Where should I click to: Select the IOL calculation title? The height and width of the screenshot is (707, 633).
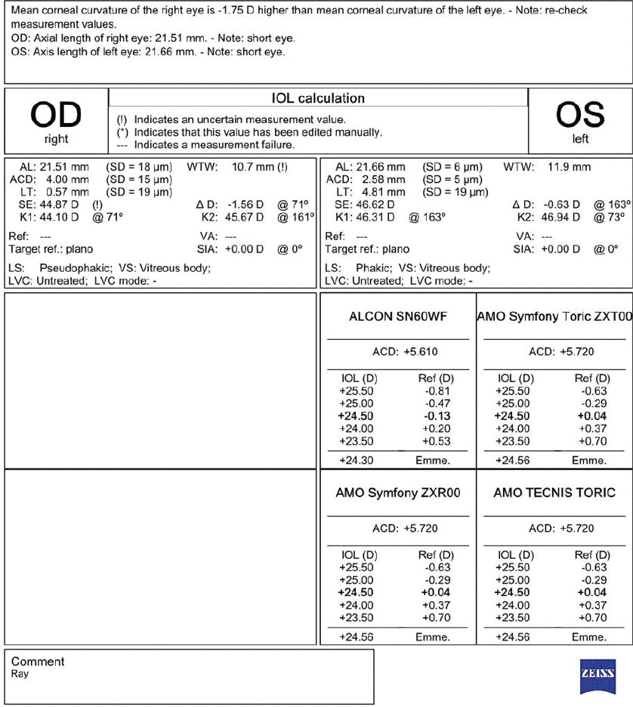point(317,99)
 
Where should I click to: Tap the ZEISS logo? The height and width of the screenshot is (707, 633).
point(597,675)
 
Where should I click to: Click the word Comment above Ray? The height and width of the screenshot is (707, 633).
point(38,662)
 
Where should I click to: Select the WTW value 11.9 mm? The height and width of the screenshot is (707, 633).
point(570,167)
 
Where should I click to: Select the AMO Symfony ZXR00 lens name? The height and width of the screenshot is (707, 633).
point(398,492)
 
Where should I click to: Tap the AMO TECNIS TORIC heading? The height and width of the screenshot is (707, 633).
point(554,492)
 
